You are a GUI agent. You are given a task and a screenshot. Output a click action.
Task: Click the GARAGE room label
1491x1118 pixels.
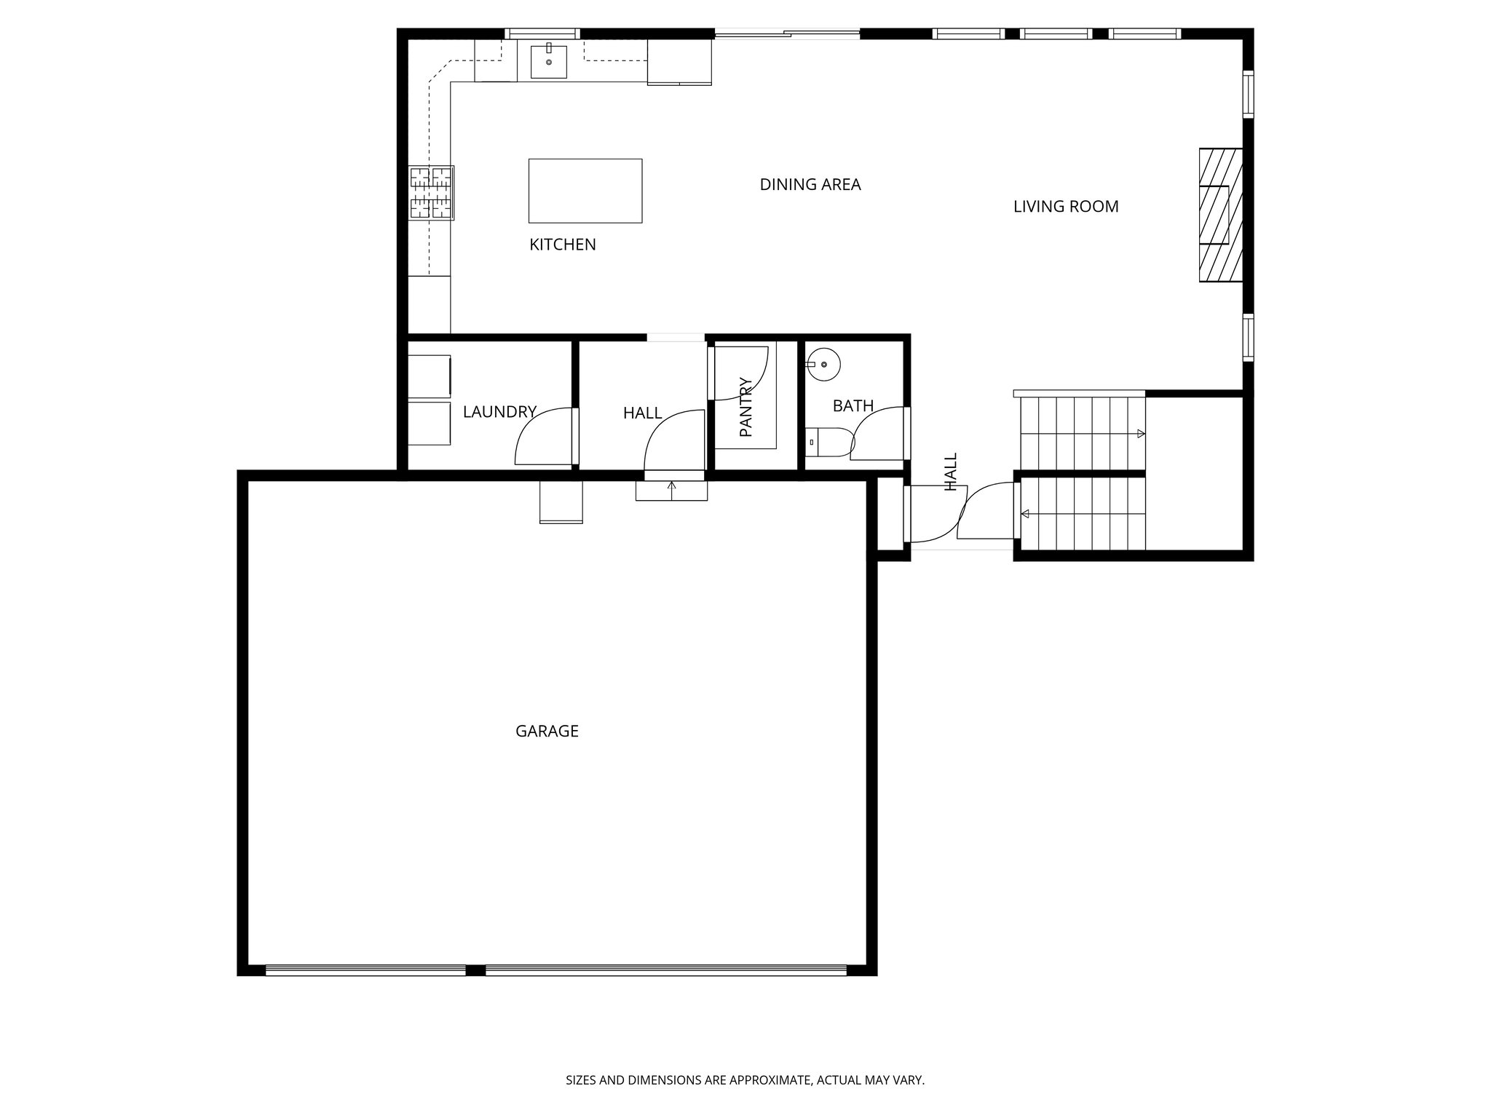coord(547,731)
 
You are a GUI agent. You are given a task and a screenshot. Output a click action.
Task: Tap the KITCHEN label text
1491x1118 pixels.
coord(562,245)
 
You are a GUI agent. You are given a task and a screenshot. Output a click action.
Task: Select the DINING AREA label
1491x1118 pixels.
coord(810,185)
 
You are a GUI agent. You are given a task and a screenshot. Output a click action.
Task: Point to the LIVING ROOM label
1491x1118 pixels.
coord(1065,207)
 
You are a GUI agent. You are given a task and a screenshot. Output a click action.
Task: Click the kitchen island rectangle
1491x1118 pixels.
coord(585,191)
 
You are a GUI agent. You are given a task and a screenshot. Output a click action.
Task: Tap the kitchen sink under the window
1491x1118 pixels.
coord(548,60)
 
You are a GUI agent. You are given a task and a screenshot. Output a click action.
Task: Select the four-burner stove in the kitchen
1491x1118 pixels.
coord(431,193)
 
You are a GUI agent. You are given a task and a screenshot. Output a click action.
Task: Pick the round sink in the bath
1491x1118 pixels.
coord(823,364)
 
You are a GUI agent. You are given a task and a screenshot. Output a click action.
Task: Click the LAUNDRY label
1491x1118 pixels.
coord(499,412)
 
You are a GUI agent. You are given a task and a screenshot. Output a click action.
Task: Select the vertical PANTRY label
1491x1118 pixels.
coord(745,407)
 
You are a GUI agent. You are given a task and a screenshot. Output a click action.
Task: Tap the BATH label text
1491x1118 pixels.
coord(853,406)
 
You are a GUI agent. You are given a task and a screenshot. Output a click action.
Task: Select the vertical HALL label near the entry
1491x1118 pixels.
coord(950,472)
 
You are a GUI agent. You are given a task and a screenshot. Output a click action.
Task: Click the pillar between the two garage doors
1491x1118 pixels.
coord(475,970)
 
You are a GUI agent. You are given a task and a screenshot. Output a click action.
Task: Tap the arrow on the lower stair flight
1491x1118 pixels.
coord(1025,514)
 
